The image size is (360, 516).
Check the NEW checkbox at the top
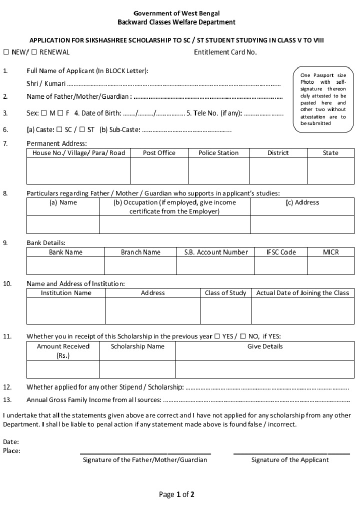[x=6, y=52]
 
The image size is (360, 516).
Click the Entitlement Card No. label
[x=225, y=52]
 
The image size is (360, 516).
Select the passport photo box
[x=323, y=99]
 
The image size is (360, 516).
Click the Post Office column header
[x=159, y=153]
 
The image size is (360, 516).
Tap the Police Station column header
[x=218, y=153]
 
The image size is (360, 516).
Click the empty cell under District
[x=278, y=171]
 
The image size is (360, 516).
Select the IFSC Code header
[x=281, y=252]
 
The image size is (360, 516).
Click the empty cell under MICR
[x=330, y=266]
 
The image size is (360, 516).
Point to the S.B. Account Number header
[x=215, y=252]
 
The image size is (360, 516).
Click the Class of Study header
[x=225, y=293]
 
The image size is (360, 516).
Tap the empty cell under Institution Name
[x=66, y=311]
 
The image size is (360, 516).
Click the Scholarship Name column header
[x=137, y=346]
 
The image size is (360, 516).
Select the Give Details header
[x=265, y=346]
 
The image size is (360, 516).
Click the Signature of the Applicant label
[x=290, y=460]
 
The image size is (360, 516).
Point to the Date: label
[x=11, y=442]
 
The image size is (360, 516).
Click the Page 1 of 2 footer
[x=176, y=495]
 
